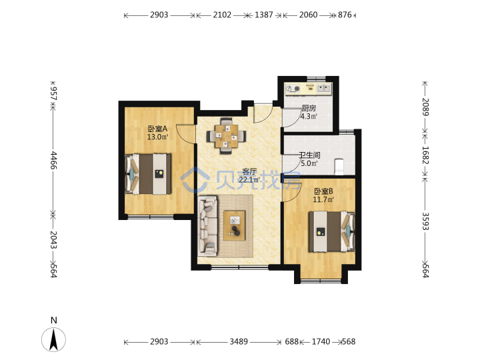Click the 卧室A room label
(157, 129)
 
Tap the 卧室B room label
(323, 191)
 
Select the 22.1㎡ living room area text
(249, 180)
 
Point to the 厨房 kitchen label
(309, 108)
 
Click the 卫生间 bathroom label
(309, 155)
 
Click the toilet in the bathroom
(340, 165)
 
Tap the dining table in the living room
(226, 136)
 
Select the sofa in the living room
(207, 226)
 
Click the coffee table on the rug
(234, 225)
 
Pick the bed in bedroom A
(148, 174)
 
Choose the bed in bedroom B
(331, 232)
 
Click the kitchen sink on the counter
(324, 89)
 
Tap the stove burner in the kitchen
(297, 89)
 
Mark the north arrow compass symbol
(54, 339)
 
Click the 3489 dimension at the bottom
(239, 341)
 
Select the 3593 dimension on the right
(425, 221)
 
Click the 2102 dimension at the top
(222, 15)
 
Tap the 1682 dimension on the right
(425, 155)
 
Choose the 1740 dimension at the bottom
(321, 341)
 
